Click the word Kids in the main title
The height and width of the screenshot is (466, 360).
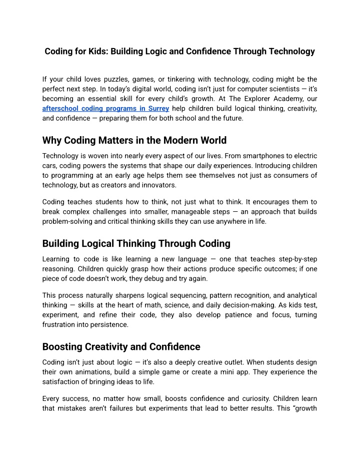pyautogui.click(x=98, y=52)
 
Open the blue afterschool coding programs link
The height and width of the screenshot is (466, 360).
pyautogui.click(x=106, y=109)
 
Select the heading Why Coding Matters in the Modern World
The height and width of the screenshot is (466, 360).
pyautogui.click(x=134, y=140)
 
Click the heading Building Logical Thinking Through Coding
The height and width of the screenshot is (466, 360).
pyautogui.click(x=136, y=244)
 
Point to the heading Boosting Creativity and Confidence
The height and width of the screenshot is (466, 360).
pyautogui.click(x=121, y=347)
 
